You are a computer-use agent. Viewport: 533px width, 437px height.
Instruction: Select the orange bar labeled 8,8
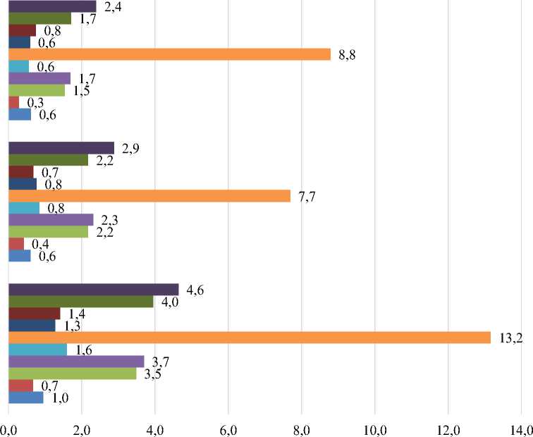point(169,54)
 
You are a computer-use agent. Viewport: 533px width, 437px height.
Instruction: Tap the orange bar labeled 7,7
point(149,196)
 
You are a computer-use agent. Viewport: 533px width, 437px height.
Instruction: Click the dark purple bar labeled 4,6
point(93,289)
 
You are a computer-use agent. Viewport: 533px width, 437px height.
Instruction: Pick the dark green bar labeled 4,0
point(80,302)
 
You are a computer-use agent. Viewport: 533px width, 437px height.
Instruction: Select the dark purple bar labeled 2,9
point(61,147)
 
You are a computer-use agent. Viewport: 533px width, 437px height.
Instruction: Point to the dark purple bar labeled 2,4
point(52,6)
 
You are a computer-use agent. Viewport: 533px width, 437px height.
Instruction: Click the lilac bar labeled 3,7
point(75,362)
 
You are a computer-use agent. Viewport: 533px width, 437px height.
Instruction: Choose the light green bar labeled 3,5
point(72,374)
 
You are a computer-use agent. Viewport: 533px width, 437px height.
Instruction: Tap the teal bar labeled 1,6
point(37,350)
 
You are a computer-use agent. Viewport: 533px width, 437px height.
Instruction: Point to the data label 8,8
point(346,54)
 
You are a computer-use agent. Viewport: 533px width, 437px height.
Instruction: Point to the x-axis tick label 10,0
point(374,427)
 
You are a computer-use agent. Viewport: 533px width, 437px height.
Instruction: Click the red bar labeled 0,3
point(13,102)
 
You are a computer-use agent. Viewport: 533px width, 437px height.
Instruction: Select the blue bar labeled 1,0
point(26,398)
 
